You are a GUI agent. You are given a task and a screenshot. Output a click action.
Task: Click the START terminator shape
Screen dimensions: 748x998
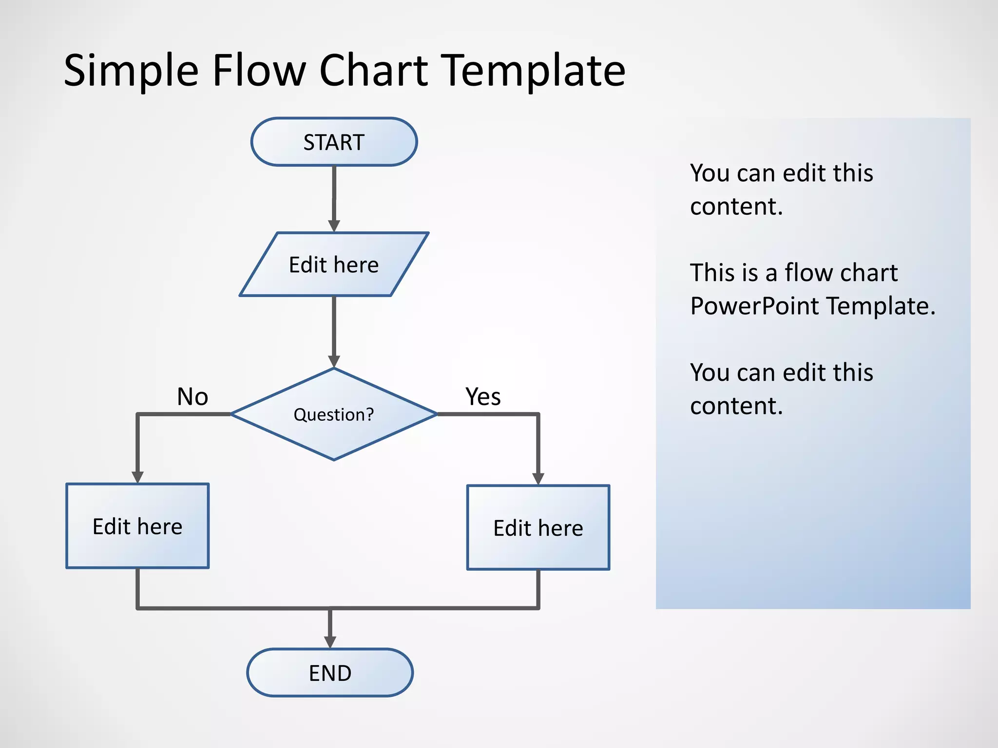334,142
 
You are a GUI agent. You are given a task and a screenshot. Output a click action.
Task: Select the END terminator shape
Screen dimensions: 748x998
330,673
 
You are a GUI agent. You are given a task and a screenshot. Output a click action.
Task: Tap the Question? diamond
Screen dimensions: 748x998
334,414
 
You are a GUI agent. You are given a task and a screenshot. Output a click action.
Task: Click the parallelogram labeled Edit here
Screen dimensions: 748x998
334,264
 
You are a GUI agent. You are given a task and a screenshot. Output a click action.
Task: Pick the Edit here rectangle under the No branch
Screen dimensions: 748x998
137,526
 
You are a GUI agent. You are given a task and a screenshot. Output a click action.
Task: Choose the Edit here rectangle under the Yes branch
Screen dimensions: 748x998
538,527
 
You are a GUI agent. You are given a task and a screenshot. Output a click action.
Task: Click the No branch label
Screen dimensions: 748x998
192,396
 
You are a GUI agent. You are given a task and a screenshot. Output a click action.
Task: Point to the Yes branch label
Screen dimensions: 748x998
482,396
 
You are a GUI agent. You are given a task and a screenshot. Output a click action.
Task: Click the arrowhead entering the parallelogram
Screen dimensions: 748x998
334,225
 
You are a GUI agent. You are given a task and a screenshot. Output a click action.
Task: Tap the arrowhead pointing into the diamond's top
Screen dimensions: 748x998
334,361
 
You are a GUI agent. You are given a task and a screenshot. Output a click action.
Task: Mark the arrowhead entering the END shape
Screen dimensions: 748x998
330,641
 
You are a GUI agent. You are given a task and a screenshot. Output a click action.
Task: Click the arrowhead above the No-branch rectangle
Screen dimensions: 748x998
137,477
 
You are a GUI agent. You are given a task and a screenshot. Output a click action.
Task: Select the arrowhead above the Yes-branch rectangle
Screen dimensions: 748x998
538,478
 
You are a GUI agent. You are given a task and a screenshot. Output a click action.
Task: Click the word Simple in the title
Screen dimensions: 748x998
131,71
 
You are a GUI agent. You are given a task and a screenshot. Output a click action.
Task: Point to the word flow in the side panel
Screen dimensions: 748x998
809,272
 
